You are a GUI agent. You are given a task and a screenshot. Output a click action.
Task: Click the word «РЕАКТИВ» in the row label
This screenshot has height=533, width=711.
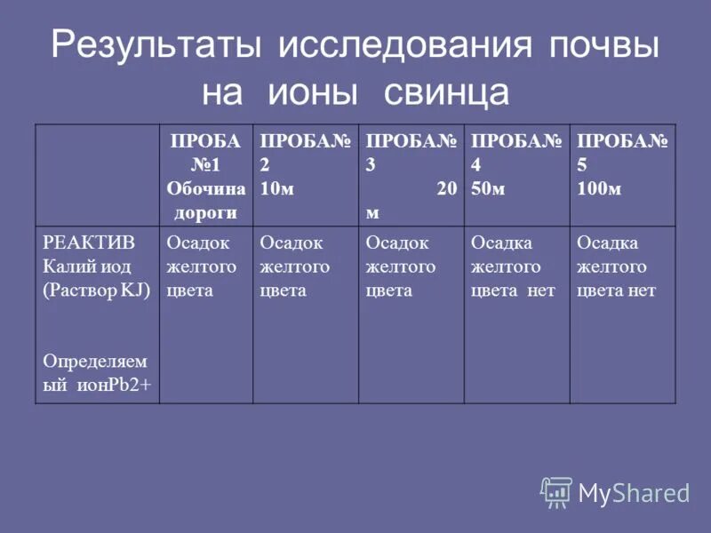click(76, 243)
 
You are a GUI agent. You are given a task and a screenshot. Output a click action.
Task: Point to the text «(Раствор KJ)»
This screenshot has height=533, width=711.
click(97, 290)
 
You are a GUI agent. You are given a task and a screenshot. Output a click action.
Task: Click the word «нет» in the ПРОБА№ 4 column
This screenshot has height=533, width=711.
click(540, 290)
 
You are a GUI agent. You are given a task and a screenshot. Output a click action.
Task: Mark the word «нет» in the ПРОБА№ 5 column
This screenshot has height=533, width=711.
click(641, 290)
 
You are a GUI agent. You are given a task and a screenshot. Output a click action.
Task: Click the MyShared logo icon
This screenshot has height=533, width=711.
click(556, 491)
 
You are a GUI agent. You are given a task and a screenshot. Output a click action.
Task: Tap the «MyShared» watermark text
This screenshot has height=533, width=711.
click(634, 493)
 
